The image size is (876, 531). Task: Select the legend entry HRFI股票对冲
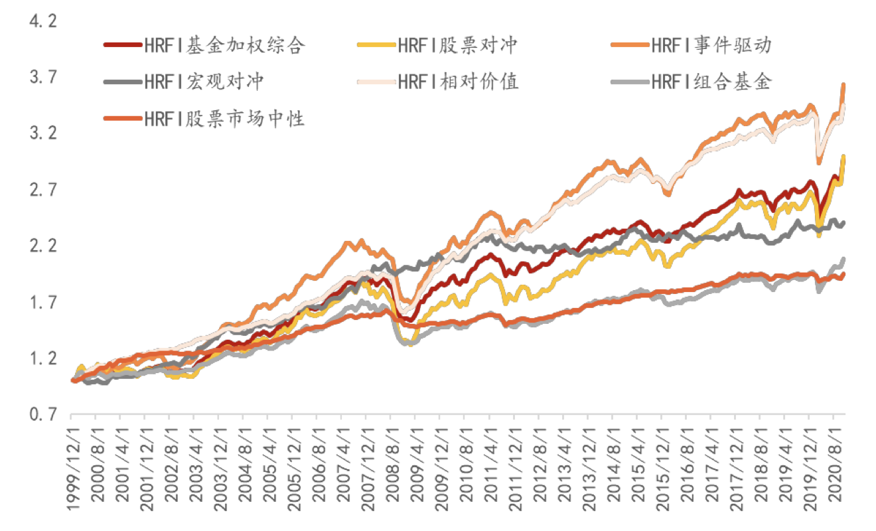tap(457, 45)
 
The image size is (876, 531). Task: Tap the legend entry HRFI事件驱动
tap(711, 45)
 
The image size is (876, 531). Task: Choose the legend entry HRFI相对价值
tap(457, 82)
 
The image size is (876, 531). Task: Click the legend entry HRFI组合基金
tap(711, 82)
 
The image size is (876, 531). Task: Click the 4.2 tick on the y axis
tap(44, 22)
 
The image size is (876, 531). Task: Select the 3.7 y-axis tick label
tap(44, 78)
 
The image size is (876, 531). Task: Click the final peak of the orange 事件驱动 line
tap(843, 85)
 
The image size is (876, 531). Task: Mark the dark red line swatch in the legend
tap(123, 45)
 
